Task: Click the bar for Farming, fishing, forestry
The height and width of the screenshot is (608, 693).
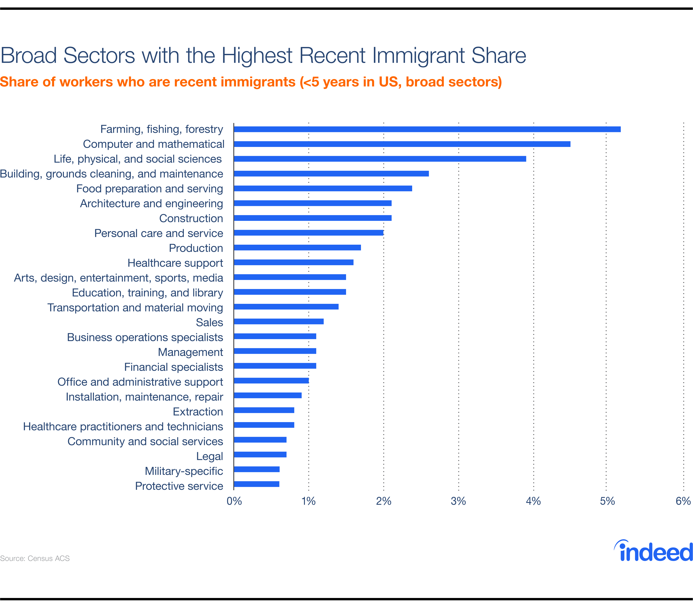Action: [427, 129]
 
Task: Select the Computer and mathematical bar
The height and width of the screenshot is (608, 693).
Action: [402, 144]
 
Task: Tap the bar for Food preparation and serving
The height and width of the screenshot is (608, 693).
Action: [323, 189]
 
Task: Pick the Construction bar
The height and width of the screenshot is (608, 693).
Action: [313, 218]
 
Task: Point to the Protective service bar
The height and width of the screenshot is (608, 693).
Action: [257, 484]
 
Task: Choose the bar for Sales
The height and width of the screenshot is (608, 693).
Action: [279, 321]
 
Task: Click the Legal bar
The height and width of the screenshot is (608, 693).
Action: [260, 454]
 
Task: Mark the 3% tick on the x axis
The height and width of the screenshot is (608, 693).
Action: [458, 501]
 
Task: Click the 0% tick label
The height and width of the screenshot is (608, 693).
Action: [234, 501]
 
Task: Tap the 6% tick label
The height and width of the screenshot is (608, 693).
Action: [683, 501]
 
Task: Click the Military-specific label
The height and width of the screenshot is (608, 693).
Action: [184, 471]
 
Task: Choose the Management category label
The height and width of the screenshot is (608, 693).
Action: [190, 352]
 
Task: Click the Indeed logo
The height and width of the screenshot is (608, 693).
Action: [653, 551]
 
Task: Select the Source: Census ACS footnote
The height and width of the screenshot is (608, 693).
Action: [35, 558]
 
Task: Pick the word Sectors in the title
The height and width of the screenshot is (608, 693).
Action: [99, 56]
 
